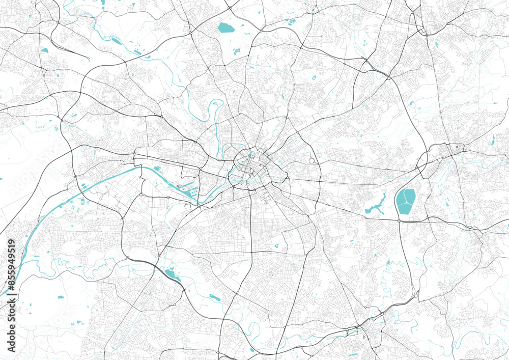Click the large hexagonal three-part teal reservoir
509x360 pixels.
pyautogui.click(x=406, y=202)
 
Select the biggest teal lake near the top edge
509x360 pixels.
pyautogui.click(x=224, y=27)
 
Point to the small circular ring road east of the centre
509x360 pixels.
pyautogui.click(x=311, y=161)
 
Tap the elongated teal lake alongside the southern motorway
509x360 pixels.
pyautogui.click(x=172, y=274)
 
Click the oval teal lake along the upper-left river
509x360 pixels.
pyautogui.click(x=116, y=41)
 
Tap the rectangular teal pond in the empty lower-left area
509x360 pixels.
pyautogui.click(x=61, y=296)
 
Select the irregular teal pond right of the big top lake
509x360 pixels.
pyautogui.click(x=237, y=51)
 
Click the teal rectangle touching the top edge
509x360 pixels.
pyautogui.click(x=102, y=2)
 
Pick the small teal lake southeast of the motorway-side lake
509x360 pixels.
pyautogui.click(x=215, y=297)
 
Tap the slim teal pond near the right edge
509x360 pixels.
pyautogui.click(x=493, y=139)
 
